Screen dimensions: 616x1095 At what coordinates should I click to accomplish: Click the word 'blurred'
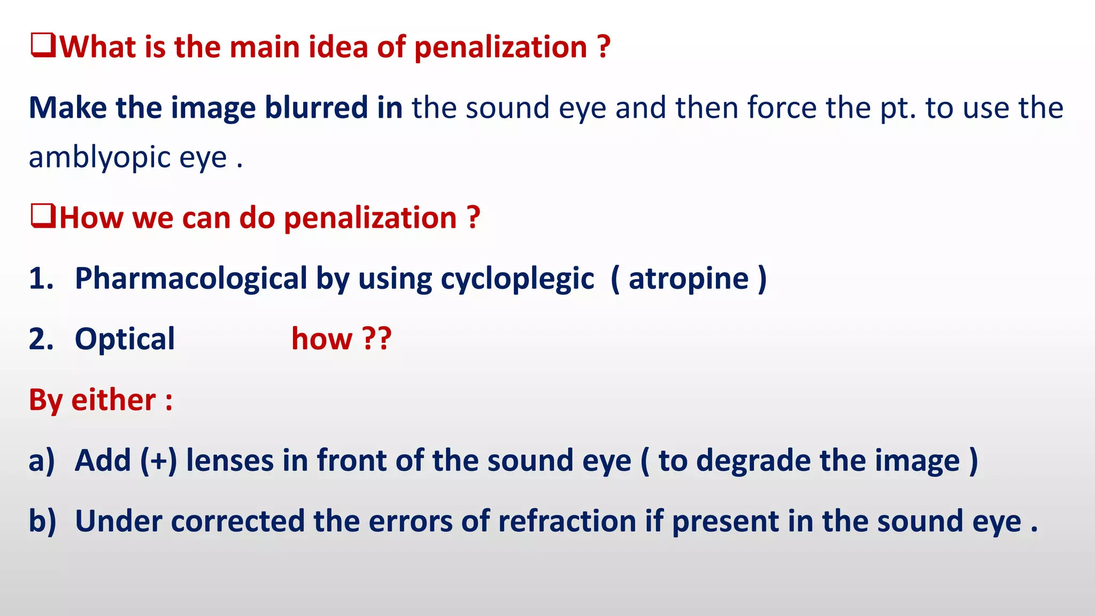[316, 107]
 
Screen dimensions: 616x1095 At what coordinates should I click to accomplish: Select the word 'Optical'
[125, 339]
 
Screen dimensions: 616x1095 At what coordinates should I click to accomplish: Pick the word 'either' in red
[113, 400]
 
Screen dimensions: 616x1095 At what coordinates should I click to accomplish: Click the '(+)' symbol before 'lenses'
[158, 460]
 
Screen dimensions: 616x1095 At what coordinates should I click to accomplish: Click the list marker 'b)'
[42, 521]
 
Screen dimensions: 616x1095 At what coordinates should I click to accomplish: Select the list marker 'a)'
[42, 461]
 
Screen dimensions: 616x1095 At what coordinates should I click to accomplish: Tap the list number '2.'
[41, 339]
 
